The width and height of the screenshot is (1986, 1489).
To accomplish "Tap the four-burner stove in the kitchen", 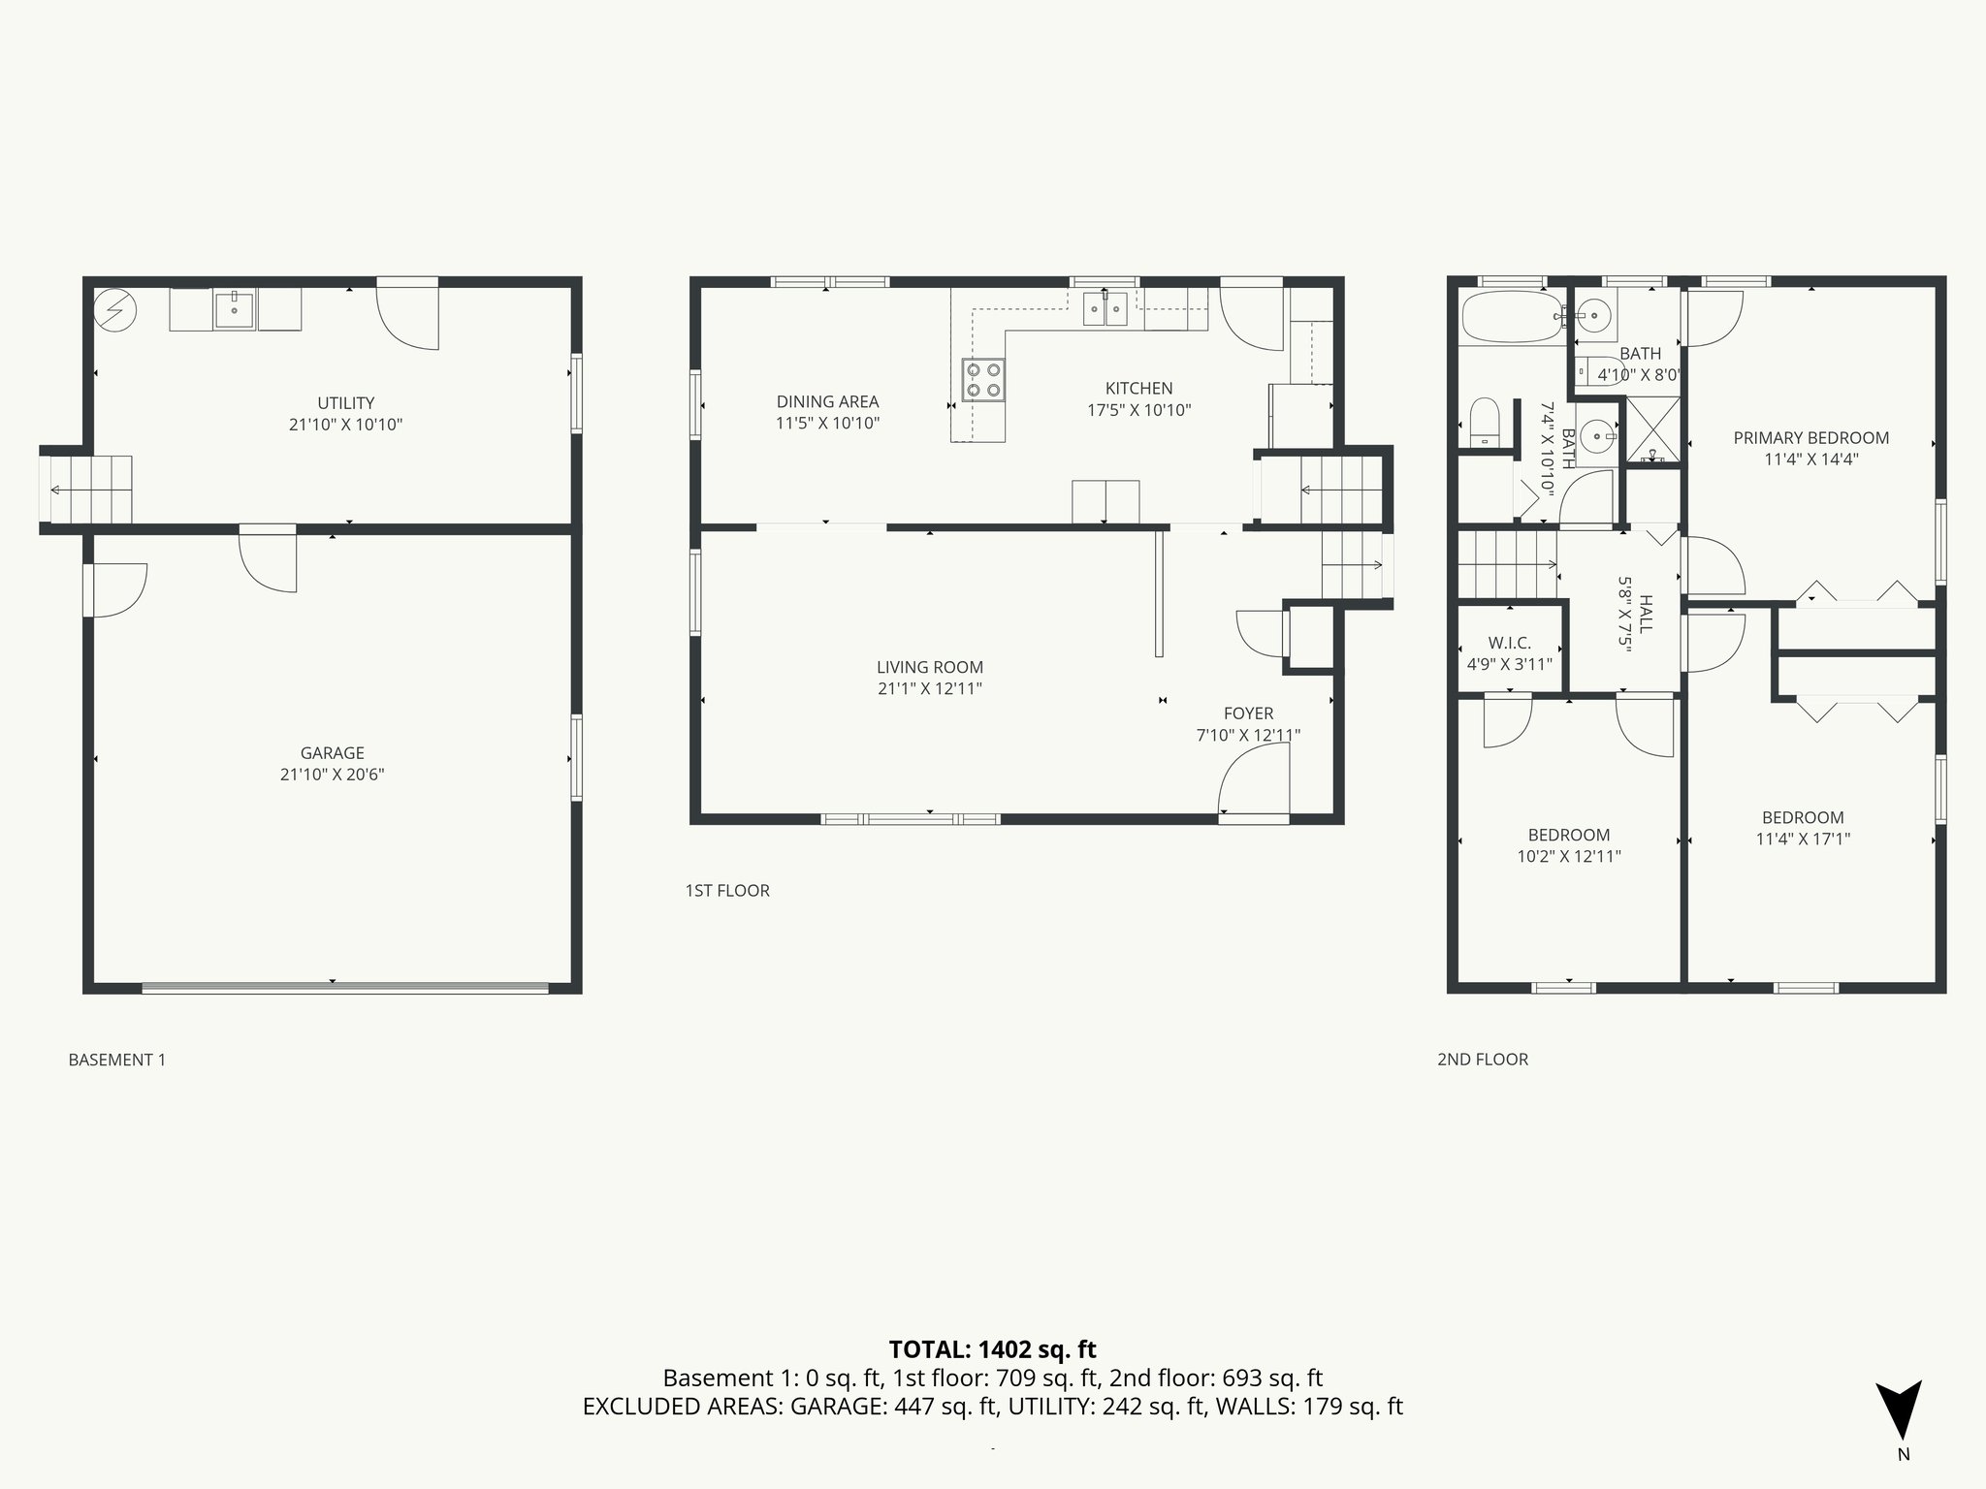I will tap(982, 379).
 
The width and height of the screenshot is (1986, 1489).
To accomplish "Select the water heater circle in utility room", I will tap(115, 310).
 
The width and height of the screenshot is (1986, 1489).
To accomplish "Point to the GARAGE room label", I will tap(332, 753).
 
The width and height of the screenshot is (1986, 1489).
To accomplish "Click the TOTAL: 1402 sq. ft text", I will tap(992, 1349).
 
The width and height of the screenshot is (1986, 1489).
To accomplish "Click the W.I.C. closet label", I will tap(1509, 644).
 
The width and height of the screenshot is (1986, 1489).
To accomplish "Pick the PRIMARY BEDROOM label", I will tap(1810, 438).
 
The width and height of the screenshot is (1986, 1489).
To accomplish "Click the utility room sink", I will tap(234, 310).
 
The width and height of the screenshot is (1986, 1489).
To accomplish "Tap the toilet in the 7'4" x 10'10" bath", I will tap(1485, 423).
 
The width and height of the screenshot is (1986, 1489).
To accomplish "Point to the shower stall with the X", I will tap(1652, 429).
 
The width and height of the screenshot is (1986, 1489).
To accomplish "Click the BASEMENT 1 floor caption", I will tap(116, 1060).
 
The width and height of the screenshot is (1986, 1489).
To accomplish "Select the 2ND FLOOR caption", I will tap(1482, 1060).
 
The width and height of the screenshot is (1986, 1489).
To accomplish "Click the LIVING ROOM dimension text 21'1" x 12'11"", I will tap(929, 689).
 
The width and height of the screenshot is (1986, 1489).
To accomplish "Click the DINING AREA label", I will tap(827, 401).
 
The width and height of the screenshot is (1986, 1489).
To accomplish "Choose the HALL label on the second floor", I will tap(1646, 615).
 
